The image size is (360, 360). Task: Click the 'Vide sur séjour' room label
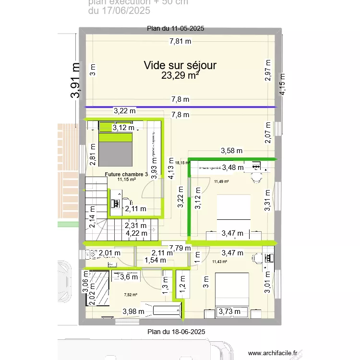pyautogui.click(x=180, y=65)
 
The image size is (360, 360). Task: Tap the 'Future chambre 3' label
pyautogui.click(x=126, y=174)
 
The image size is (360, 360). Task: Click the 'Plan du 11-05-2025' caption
pyautogui.click(x=176, y=29)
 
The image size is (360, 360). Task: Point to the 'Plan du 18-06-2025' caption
pyautogui.click(x=176, y=332)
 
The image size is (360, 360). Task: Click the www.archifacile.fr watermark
pyautogui.click(x=273, y=353)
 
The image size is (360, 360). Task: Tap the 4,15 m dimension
pyautogui.click(x=283, y=84)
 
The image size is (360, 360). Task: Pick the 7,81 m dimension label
pyautogui.click(x=180, y=41)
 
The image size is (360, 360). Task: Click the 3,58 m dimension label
pyautogui.click(x=231, y=151)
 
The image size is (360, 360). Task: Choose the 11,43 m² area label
pyautogui.click(x=219, y=262)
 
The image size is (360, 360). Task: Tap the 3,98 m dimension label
pyautogui.click(x=133, y=311)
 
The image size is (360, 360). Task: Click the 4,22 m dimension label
pyautogui.click(x=136, y=233)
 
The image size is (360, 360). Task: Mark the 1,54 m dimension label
pyautogui.click(x=156, y=260)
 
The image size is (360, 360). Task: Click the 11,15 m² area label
pyautogui.click(x=126, y=180)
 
